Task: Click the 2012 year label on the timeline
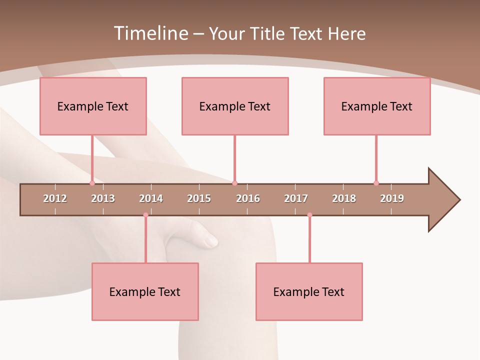point(55,198)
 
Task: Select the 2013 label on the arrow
point(103,198)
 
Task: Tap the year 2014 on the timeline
point(151,198)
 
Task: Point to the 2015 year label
point(199,198)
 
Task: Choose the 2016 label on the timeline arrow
point(248,198)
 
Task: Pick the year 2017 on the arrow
point(296,198)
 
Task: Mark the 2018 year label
point(344,198)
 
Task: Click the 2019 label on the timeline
point(392,198)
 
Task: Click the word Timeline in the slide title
point(150,33)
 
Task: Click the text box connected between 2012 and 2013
point(93,106)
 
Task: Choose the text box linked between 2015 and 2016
point(235,106)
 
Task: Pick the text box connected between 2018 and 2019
point(377,106)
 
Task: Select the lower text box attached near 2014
point(145,291)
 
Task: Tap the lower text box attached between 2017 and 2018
point(309,291)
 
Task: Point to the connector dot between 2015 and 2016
point(234,183)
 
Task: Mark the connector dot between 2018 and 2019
point(376,183)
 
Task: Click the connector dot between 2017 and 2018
point(309,215)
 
